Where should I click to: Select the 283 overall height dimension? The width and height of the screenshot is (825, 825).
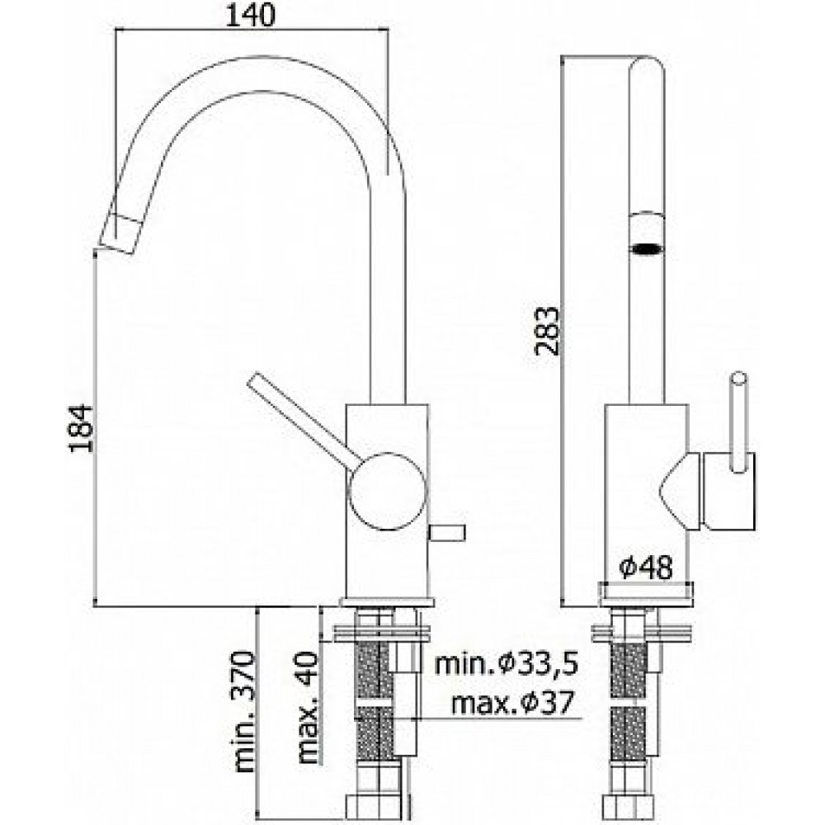click(545, 330)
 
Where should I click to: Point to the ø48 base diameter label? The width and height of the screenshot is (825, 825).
click(646, 568)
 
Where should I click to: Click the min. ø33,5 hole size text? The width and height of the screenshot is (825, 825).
click(507, 663)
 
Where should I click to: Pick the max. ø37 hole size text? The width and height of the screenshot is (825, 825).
click(512, 704)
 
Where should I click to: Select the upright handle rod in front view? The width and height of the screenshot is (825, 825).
click(738, 421)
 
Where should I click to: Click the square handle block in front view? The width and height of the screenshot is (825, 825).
click(726, 490)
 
